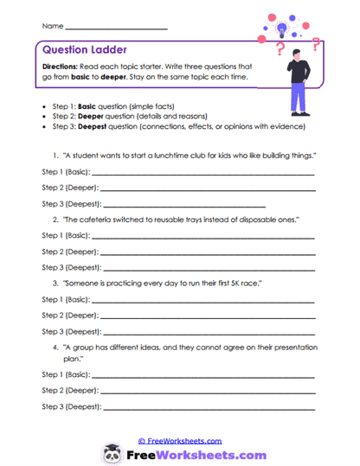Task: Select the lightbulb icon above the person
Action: (282, 28)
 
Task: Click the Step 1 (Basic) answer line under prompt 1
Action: (202, 174)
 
